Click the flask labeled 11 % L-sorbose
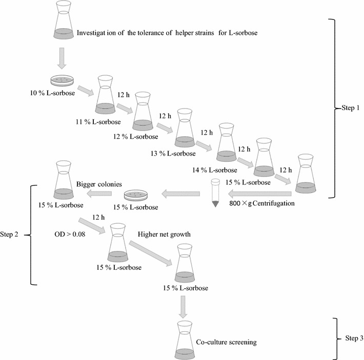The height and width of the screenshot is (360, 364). pyautogui.click(x=105, y=95)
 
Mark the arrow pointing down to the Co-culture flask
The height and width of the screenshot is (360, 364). pyautogui.click(x=185, y=306)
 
